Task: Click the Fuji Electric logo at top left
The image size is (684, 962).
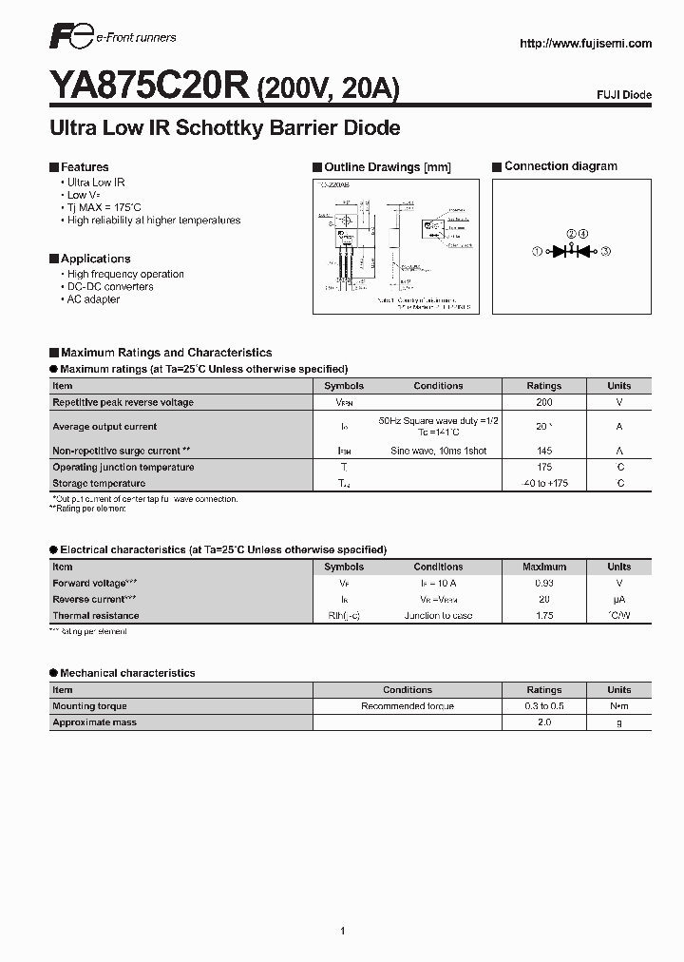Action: point(69,38)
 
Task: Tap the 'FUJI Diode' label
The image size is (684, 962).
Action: point(624,95)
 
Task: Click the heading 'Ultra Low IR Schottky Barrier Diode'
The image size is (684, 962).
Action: point(224,128)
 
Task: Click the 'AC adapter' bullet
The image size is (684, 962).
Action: point(93,299)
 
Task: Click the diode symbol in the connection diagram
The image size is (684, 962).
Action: point(571,251)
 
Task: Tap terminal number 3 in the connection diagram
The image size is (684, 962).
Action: point(605,251)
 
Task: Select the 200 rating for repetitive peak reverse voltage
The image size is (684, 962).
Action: point(544,402)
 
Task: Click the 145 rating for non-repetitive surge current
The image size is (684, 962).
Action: point(544,451)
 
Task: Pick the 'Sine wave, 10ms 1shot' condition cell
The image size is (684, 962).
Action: point(438,451)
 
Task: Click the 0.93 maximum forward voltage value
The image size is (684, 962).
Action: point(544,583)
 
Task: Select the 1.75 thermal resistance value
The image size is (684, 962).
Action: point(544,616)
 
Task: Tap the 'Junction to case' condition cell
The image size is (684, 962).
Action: point(438,616)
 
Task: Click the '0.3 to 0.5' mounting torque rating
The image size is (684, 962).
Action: point(544,706)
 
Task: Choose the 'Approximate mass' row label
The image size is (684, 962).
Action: point(94,722)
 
